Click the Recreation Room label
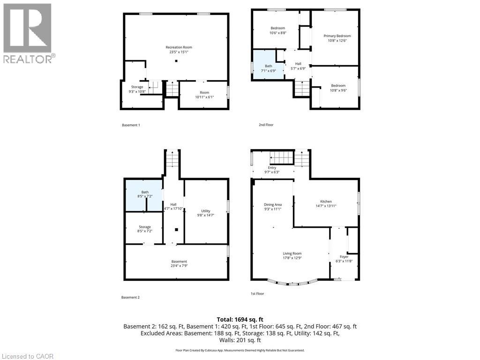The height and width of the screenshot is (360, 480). [179, 47]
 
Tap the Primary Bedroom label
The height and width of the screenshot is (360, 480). [337, 36]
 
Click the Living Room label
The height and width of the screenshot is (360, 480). [292, 254]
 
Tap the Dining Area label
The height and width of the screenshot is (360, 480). [272, 204]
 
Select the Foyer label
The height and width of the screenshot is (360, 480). [344, 257]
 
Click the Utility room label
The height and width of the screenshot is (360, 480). [206, 211]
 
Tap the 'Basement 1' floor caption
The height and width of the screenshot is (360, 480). [131, 125]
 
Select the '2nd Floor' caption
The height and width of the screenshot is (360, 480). [266, 125]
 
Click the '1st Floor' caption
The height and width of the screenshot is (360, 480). [257, 294]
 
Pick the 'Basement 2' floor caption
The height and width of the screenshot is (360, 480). [131, 298]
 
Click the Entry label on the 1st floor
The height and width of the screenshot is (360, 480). [272, 168]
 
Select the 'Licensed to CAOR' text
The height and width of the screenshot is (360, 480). [28, 356]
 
